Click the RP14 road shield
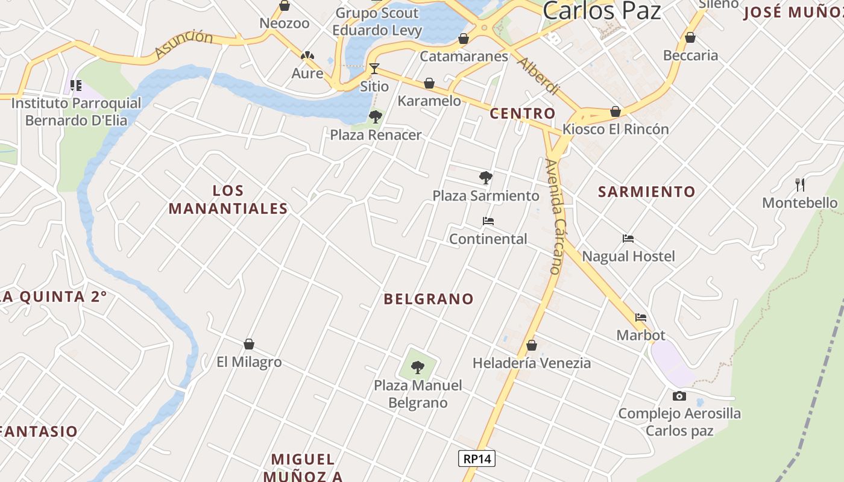476,459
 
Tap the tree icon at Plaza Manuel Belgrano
417,367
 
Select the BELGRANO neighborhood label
429,299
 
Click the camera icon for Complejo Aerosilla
679,396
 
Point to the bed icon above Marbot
640,318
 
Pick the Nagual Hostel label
628,256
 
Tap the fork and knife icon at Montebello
800,184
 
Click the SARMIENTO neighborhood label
646,192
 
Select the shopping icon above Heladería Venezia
531,345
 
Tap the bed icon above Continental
488,221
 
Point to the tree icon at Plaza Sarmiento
485,177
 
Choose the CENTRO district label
522,113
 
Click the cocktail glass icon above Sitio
374,68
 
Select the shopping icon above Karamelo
429,83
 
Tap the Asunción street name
183,46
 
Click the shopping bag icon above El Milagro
249,344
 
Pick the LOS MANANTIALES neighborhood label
228,199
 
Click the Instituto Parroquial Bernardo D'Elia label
77,111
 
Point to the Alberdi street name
538,77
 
